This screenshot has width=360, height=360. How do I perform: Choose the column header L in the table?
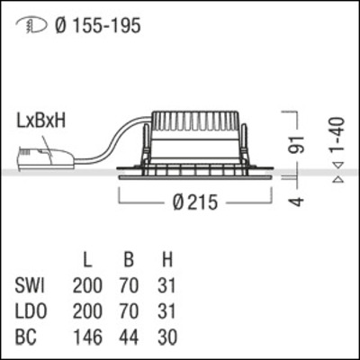click(x=87, y=262)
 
